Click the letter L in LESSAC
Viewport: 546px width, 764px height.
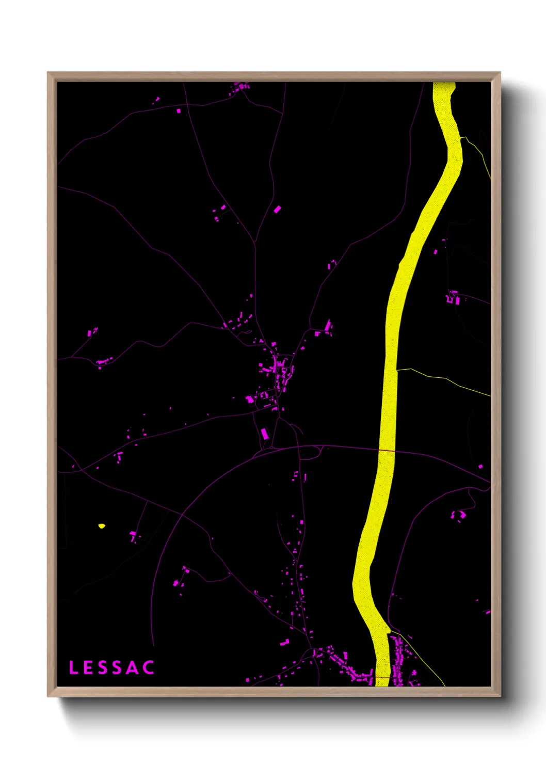[x=73, y=667]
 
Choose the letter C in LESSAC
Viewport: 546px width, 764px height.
[x=149, y=667]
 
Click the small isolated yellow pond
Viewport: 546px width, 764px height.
[x=101, y=526]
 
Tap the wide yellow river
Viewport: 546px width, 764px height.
[x=391, y=361]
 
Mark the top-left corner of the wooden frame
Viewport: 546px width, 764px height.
[x=49, y=73]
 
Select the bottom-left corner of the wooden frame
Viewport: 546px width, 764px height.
[x=49, y=695]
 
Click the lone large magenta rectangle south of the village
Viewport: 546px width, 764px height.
[x=265, y=433]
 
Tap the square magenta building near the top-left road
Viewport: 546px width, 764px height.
[x=179, y=110]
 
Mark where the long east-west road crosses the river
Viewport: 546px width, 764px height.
[x=387, y=451]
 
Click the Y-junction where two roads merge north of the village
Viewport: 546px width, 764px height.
[x=255, y=242]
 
